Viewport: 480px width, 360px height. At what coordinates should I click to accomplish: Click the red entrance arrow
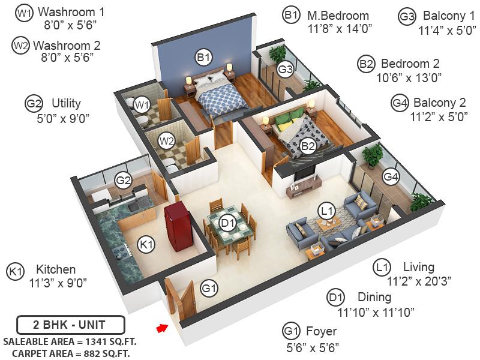[x=161, y=328]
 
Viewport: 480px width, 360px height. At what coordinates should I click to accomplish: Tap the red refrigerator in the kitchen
[x=178, y=227]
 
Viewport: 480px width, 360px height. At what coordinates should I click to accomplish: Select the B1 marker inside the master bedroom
[x=203, y=58]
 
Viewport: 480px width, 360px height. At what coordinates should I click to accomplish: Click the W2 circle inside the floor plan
[x=166, y=142]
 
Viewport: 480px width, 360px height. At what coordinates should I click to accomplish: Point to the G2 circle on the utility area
[x=124, y=180]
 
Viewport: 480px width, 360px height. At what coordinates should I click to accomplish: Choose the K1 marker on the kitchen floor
[x=146, y=244]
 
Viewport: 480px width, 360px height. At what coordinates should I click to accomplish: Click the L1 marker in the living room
[x=326, y=211]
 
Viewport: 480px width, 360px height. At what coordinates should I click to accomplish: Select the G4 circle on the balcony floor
[x=391, y=177]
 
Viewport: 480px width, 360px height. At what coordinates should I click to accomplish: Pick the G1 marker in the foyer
[x=209, y=289]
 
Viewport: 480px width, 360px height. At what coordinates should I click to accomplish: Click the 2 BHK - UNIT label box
[x=70, y=326]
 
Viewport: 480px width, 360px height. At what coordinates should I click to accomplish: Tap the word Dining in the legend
[x=374, y=297]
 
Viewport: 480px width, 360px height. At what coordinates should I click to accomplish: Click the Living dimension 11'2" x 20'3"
[x=419, y=280]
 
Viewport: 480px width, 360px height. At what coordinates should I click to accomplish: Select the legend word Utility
[x=66, y=103]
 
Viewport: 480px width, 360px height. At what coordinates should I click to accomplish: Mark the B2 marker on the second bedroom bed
[x=308, y=145]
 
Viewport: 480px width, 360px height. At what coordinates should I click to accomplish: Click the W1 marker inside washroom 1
[x=142, y=106]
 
